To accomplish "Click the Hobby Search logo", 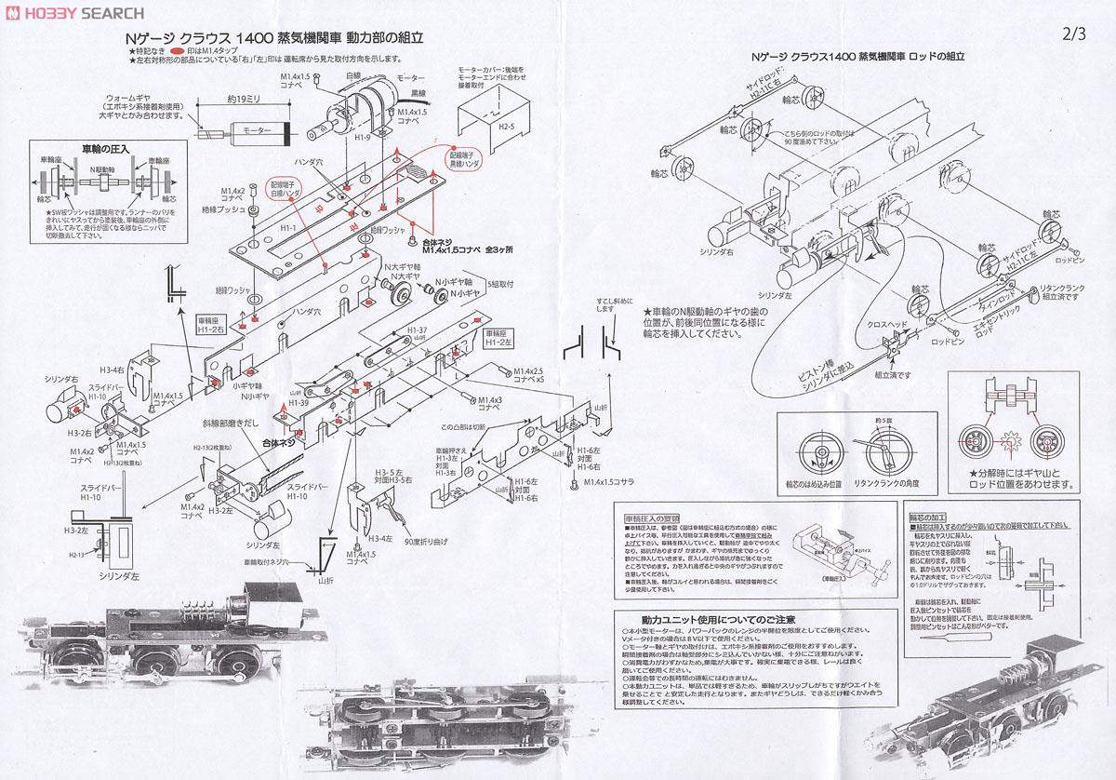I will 73,13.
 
